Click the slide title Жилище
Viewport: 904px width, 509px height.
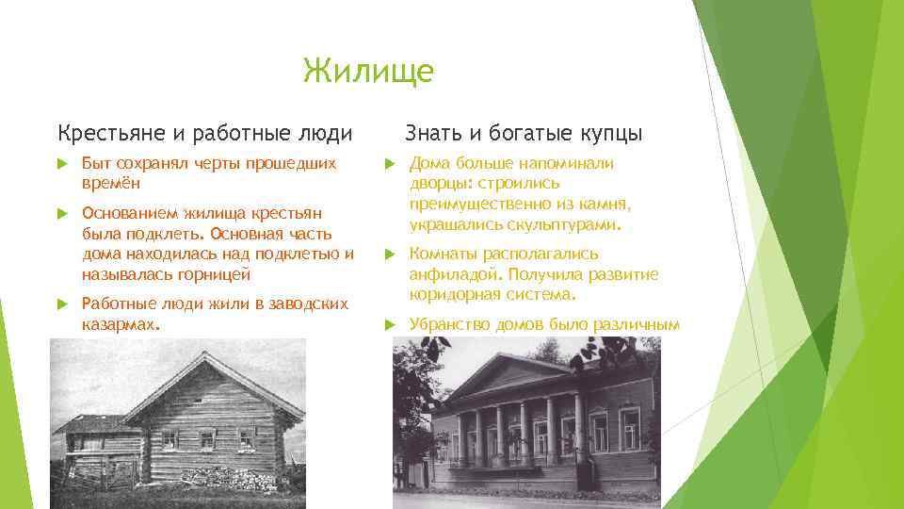pyautogui.click(x=368, y=71)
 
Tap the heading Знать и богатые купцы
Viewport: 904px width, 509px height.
pyautogui.click(x=524, y=133)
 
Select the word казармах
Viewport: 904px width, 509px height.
pyautogui.click(x=121, y=323)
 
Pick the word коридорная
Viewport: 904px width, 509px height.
pyautogui.click(x=453, y=295)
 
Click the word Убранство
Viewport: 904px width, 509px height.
pyautogui.click(x=450, y=324)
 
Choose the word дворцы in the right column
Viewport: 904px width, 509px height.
pyautogui.click(x=441, y=184)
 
